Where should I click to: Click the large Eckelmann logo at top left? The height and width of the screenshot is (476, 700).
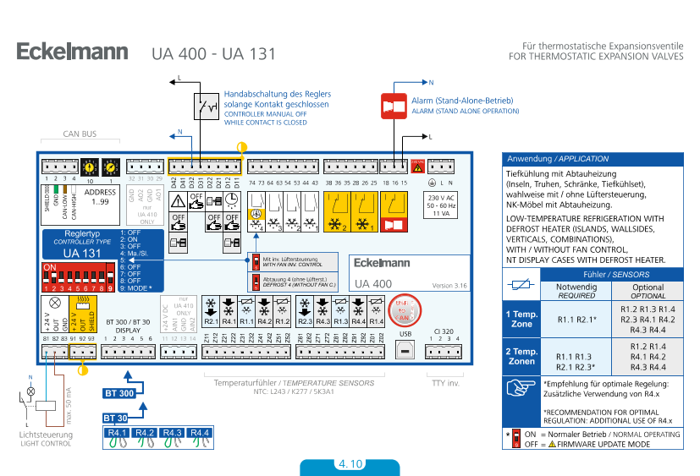(x=72, y=52)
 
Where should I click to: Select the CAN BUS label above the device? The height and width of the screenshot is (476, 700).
(x=80, y=134)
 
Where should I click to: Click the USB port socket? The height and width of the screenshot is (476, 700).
(x=405, y=349)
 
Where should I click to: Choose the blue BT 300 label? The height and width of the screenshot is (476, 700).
(x=119, y=393)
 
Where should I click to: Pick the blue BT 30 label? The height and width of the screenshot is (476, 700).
(x=116, y=418)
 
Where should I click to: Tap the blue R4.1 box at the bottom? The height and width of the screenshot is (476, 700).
(x=117, y=433)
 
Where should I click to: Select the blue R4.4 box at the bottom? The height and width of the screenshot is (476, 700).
(x=200, y=433)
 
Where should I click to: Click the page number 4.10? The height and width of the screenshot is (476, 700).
(x=350, y=464)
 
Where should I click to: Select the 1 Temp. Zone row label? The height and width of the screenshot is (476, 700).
(x=521, y=319)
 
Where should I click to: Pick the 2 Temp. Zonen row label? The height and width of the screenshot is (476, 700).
(x=521, y=356)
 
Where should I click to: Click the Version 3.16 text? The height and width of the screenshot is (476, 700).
(x=450, y=286)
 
